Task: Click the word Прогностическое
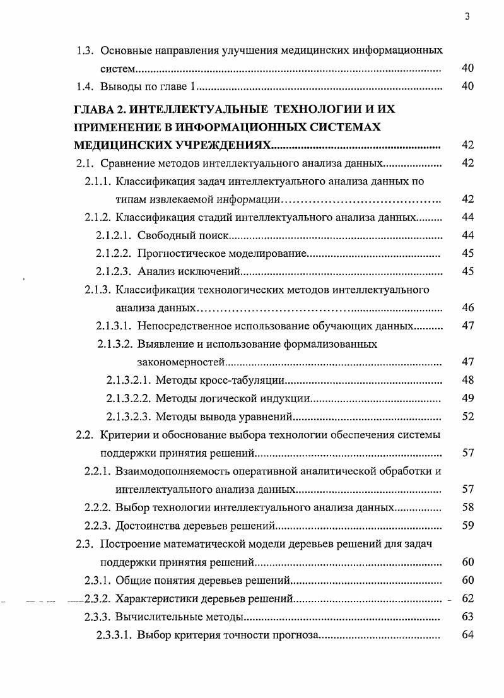click(x=182, y=254)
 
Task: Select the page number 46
click(x=467, y=309)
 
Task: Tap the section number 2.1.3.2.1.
click(x=128, y=381)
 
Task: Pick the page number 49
click(x=467, y=398)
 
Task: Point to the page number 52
click(x=467, y=417)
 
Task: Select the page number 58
click(x=467, y=507)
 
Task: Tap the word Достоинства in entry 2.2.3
click(x=146, y=526)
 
